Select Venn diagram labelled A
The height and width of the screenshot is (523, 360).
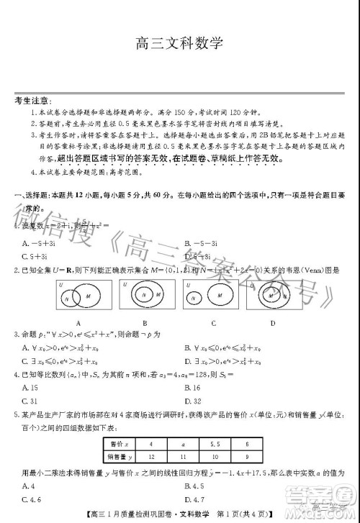tap(77, 296)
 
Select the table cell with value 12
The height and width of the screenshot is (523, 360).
tap(150, 457)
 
